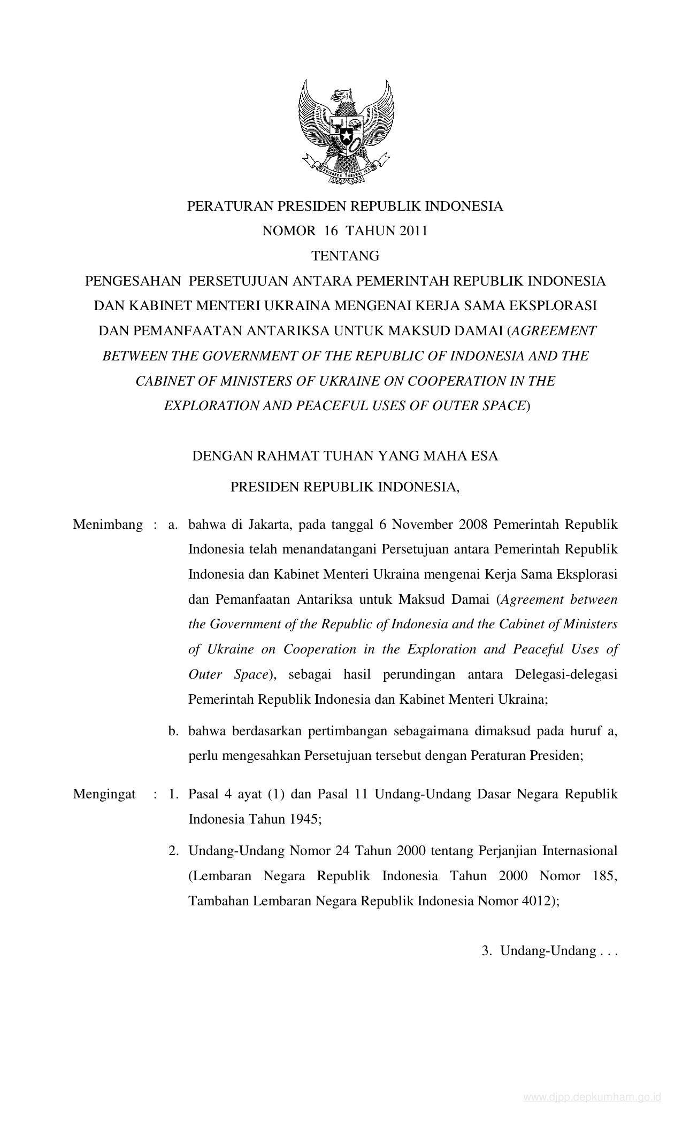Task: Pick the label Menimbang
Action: (108, 525)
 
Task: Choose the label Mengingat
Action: (104, 794)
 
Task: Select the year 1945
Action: (304, 819)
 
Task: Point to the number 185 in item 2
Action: (605, 876)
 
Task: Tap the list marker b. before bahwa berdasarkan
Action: (173, 731)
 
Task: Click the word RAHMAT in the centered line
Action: (282, 456)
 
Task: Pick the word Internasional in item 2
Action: (580, 851)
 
